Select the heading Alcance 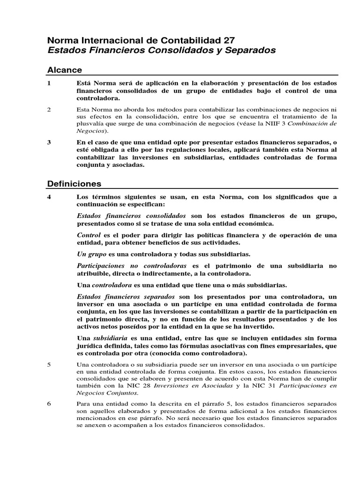pyautogui.click(x=65, y=70)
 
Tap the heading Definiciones pyautogui.click(x=74, y=183)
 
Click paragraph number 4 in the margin pyautogui.click(x=49, y=197)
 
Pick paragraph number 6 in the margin pyautogui.click(x=49, y=403)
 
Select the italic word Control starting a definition pyautogui.click(x=88, y=234)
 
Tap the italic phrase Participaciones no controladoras pyautogui.click(x=132, y=266)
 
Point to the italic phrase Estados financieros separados pyautogui.click(x=126, y=297)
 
